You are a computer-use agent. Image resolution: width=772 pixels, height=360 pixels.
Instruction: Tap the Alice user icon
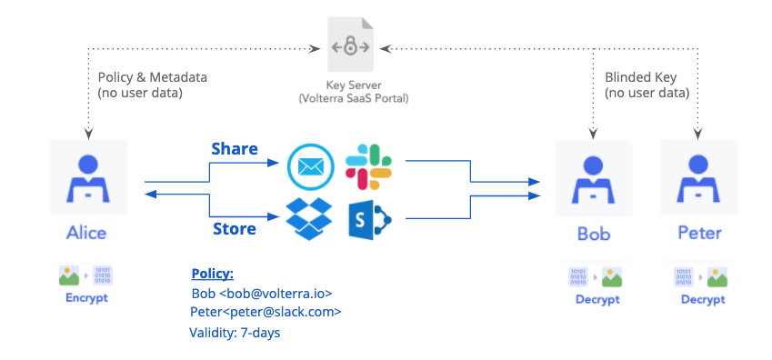86,178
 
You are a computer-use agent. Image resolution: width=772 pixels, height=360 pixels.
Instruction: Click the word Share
235,148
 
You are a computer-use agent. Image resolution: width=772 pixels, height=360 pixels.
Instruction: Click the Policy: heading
212,274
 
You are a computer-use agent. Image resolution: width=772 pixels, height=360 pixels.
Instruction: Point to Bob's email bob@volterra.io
262,294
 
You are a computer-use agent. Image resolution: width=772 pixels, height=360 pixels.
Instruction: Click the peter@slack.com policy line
266,312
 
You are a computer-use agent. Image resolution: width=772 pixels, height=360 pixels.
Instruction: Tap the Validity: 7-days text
235,333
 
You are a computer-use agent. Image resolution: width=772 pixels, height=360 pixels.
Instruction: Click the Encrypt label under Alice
86,297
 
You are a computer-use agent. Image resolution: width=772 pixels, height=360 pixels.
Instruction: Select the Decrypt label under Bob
597,299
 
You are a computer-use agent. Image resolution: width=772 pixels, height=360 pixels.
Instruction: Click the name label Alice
86,233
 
